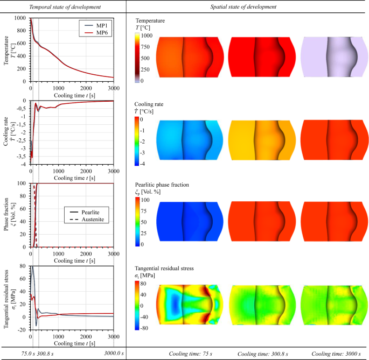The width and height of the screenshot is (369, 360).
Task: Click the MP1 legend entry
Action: click(100, 25)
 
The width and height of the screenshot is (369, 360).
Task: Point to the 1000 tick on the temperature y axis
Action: click(20, 18)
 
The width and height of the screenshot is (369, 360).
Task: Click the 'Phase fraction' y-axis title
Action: click(7, 215)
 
